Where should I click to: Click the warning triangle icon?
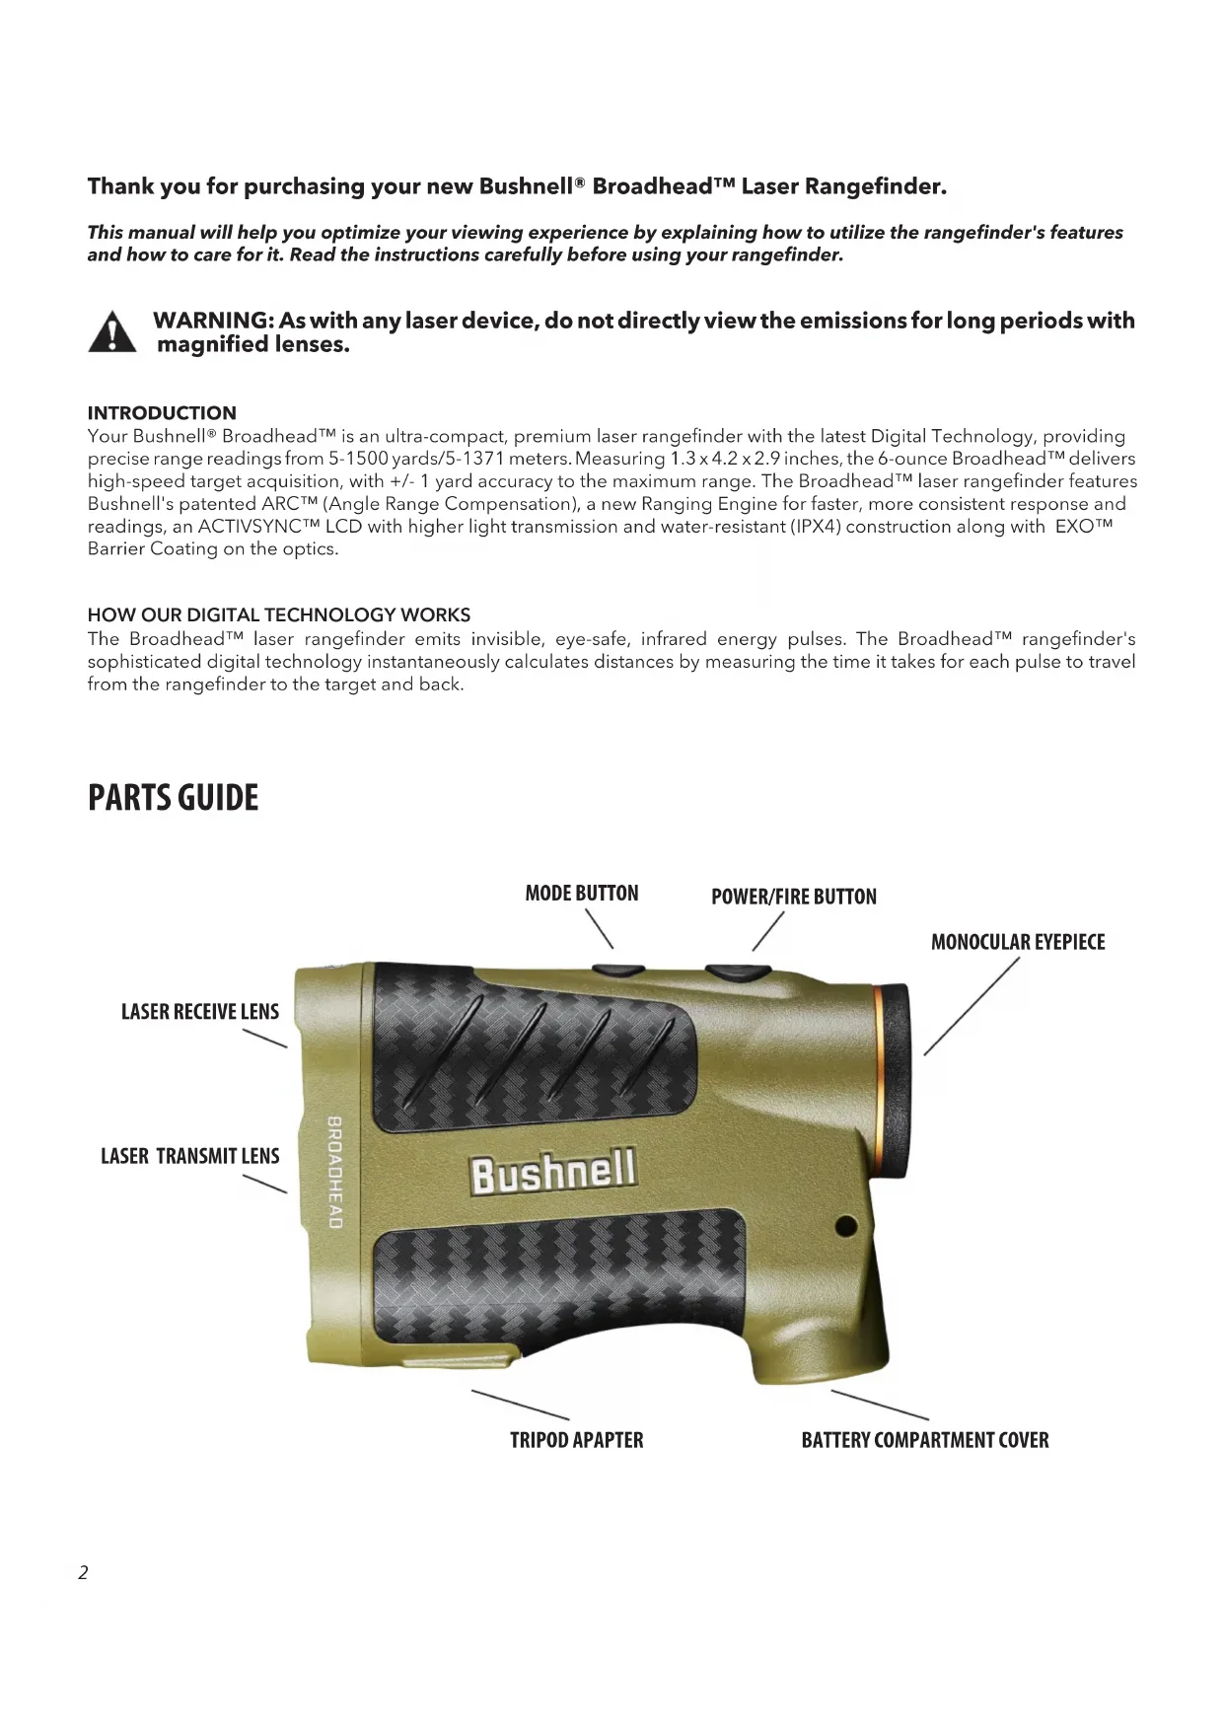coord(112,332)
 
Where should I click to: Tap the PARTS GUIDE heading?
coord(173,798)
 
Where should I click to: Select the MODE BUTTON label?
coord(582,894)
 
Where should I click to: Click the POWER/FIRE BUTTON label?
coord(794,897)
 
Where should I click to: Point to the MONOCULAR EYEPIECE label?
coord(1018,942)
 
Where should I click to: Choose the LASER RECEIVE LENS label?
coord(200,1012)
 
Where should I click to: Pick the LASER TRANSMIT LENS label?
coord(190,1156)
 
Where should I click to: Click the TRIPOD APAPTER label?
coord(576,1440)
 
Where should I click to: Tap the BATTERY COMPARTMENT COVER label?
coord(925,1440)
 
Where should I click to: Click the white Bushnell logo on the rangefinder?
coord(553,1172)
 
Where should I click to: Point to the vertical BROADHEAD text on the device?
coord(335,1173)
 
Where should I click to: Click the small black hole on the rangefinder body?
coord(845,1227)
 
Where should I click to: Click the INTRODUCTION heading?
coord(162,413)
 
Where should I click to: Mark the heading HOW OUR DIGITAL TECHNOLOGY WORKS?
coord(279,615)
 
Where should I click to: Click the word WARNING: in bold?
coord(213,321)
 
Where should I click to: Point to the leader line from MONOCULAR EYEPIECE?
coord(971,1007)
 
